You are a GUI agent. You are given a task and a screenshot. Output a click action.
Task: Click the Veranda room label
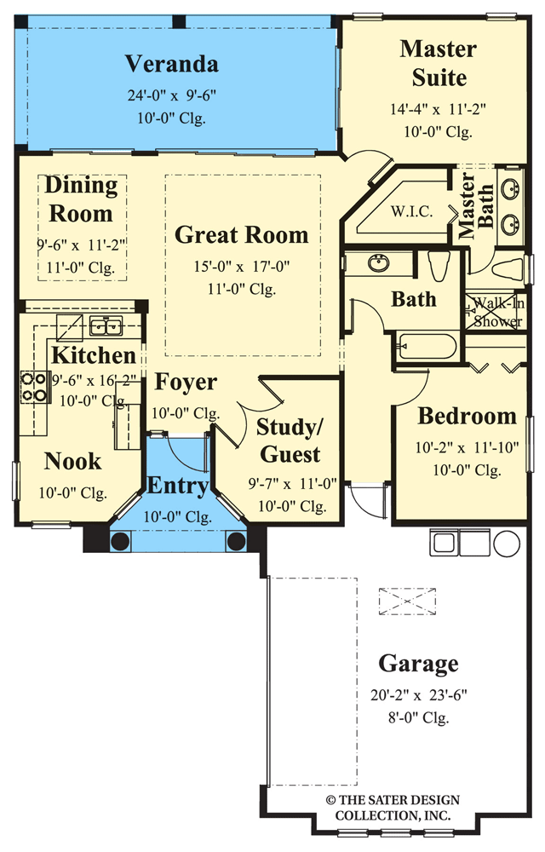pyautogui.click(x=172, y=64)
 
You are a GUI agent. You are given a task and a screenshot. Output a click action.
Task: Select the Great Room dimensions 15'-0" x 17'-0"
pyautogui.click(x=242, y=267)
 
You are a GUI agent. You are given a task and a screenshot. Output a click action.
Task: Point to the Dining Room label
pyautogui.click(x=81, y=199)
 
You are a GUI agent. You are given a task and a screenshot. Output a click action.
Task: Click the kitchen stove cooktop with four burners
pyautogui.click(x=33, y=387)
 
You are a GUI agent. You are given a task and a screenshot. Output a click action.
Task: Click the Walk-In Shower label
pyautogui.click(x=498, y=312)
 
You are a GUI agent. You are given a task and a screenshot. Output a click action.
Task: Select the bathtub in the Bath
pyautogui.click(x=425, y=348)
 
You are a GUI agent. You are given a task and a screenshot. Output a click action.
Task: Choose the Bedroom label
pyautogui.click(x=467, y=416)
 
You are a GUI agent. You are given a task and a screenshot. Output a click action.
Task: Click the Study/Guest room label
pyautogui.click(x=289, y=440)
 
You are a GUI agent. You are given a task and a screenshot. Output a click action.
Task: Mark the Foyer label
pyautogui.click(x=185, y=383)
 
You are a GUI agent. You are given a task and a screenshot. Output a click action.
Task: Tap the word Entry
pyautogui.click(x=178, y=486)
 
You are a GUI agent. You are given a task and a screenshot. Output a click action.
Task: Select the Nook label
pyautogui.click(x=72, y=462)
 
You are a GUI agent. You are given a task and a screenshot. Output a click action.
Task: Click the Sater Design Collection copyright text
pyautogui.click(x=393, y=809)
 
